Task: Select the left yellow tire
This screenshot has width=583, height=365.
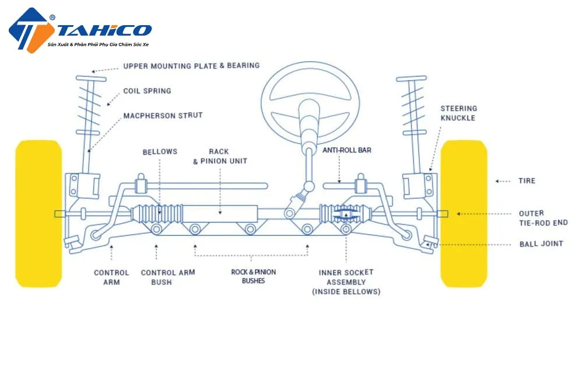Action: pyautogui.click(x=38, y=213)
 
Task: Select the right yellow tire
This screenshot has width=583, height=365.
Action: pyautogui.click(x=463, y=213)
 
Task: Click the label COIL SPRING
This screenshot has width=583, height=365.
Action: pyautogui.click(x=147, y=91)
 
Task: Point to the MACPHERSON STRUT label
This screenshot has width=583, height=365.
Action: pyautogui.click(x=163, y=116)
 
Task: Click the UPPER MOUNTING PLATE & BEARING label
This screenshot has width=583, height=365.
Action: pyautogui.click(x=191, y=65)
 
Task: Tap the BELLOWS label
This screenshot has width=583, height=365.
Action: pyautogui.click(x=160, y=152)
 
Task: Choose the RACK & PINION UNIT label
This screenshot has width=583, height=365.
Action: pyautogui.click(x=220, y=157)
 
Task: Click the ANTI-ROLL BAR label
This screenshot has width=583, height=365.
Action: pyautogui.click(x=347, y=150)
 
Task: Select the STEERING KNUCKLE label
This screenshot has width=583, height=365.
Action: pyautogui.click(x=458, y=113)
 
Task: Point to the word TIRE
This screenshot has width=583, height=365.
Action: pyautogui.click(x=526, y=181)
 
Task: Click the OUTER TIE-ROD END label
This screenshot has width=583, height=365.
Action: pyautogui.click(x=543, y=218)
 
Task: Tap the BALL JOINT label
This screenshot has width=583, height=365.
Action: pyautogui.click(x=541, y=244)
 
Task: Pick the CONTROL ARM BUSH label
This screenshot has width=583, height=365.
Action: pyautogui.click(x=168, y=277)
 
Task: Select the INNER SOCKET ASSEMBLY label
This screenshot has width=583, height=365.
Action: pyautogui.click(x=346, y=281)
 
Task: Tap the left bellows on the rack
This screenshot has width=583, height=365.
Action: pyautogui.click(x=156, y=213)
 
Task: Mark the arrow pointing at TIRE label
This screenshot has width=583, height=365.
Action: pyautogui.click(x=503, y=181)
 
